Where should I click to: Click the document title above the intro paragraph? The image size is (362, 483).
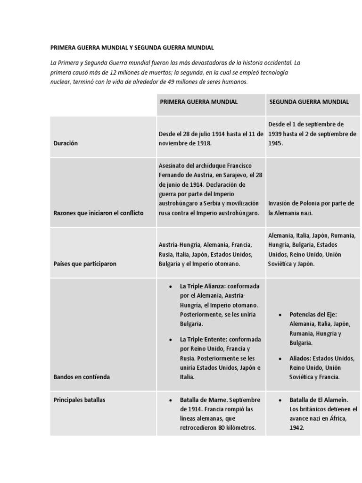tap(132, 48)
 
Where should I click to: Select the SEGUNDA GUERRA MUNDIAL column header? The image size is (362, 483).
tap(309, 102)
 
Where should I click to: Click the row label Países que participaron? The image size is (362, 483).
tap(84, 264)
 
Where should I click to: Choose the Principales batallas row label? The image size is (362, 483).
tap(79, 400)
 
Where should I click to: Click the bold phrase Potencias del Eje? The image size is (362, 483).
tap(313, 315)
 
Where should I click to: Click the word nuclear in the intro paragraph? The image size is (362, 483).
tap(60, 82)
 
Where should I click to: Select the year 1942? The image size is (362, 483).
tap(297, 428)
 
